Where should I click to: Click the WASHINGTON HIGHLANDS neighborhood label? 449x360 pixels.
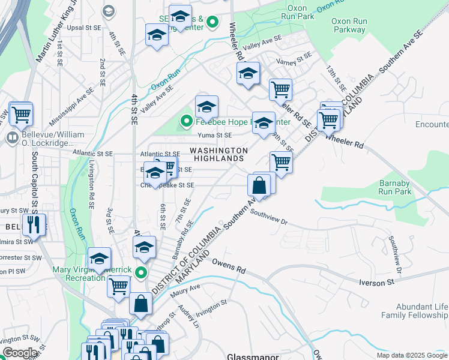coord(218,154)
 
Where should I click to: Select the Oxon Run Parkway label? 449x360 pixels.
coord(349,25)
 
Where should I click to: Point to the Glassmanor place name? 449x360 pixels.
coord(251,356)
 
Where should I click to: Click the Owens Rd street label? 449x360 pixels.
coord(226,266)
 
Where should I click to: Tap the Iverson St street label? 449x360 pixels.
coord(375,281)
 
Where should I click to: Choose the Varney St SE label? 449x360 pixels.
coord(294,58)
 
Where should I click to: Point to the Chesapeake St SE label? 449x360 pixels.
coord(167,185)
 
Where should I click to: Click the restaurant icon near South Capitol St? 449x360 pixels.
coord(33,225)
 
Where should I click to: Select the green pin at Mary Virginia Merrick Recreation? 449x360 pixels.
coord(141,273)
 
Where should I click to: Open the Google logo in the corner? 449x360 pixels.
coord(20,353)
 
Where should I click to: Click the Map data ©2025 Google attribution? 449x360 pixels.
coord(411,355)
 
